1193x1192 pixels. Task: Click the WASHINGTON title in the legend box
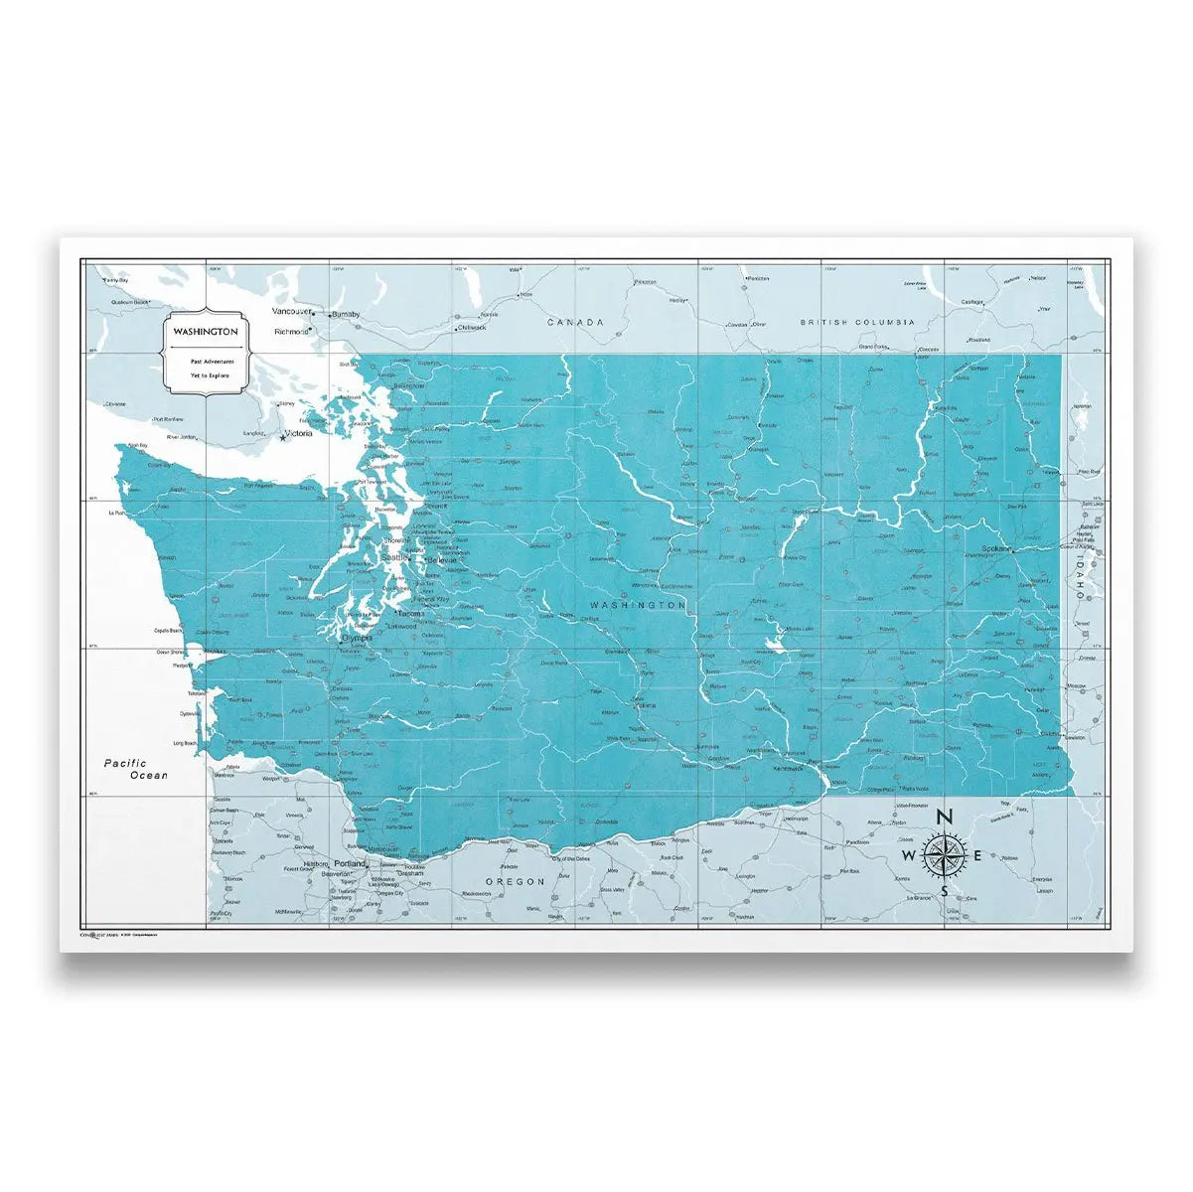pyautogui.click(x=204, y=331)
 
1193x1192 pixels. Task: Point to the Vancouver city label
pyautogui.click(x=290, y=311)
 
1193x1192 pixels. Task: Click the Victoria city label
pyautogui.click(x=298, y=433)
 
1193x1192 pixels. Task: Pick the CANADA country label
pyautogui.click(x=575, y=322)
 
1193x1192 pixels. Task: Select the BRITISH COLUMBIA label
pyautogui.click(x=858, y=322)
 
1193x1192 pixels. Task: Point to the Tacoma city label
pyautogui.click(x=411, y=613)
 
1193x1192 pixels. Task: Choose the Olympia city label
pyautogui.click(x=357, y=638)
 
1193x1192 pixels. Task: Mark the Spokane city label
pyautogui.click(x=996, y=548)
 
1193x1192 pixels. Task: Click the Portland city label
pyautogui.click(x=351, y=863)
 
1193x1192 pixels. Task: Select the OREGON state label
pyautogui.click(x=516, y=881)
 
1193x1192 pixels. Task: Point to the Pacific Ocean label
pyautogui.click(x=137, y=769)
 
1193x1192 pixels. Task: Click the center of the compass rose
pyautogui.click(x=944, y=855)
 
